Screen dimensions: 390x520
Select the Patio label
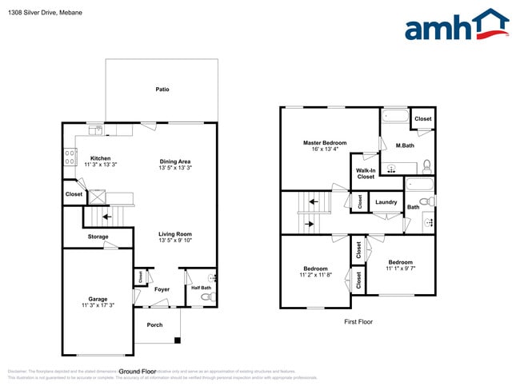coord(162,90)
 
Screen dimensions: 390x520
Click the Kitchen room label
coord(100,158)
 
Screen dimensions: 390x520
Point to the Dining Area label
coord(174,161)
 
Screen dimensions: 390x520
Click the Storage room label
coord(98,237)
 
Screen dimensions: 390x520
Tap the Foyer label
coord(162,289)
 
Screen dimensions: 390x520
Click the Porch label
coord(154,324)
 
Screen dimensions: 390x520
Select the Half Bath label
coord(201,288)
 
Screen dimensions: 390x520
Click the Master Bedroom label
coord(324,143)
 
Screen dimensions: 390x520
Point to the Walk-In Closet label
coord(366,173)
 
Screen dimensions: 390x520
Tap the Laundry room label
coord(386,202)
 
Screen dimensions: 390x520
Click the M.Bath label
coord(405,145)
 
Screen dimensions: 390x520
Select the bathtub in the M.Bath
coord(394,117)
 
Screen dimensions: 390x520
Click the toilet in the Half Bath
coord(207,297)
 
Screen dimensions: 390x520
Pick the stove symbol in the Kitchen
coord(70,156)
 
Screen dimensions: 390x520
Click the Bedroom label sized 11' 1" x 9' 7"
coord(400,262)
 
